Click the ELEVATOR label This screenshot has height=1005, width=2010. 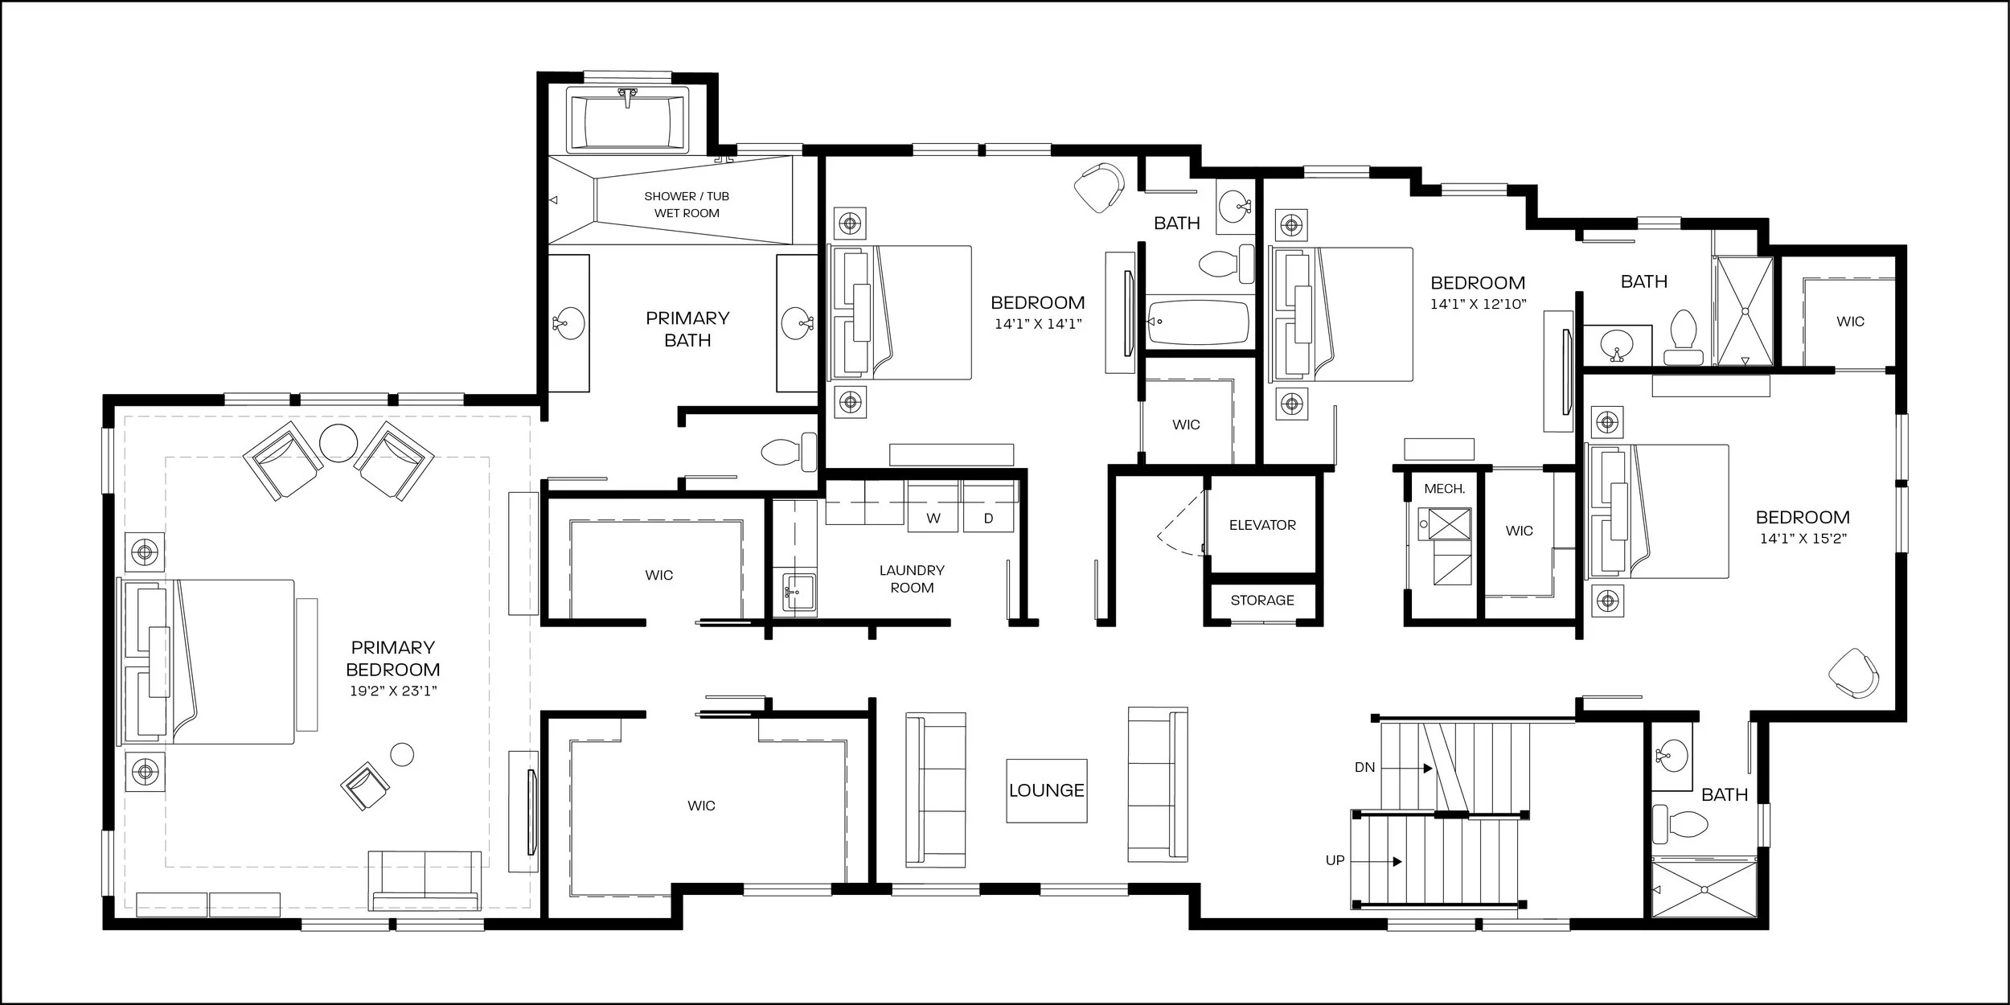(1262, 525)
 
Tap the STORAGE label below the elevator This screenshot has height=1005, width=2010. (1262, 600)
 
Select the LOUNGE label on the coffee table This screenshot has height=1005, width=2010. (1047, 790)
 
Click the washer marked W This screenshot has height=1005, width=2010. (933, 506)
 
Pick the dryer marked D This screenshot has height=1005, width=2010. (989, 506)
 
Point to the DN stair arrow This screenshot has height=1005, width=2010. (1407, 768)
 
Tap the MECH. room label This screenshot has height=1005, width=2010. (1444, 489)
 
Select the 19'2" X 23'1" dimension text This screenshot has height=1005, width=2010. (393, 691)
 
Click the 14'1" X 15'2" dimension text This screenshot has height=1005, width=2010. (1803, 539)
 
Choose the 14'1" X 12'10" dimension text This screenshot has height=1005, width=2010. (1478, 305)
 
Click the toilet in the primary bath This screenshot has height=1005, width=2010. (788, 453)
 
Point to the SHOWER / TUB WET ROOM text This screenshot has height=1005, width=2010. (687, 204)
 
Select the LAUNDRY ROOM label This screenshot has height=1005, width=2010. (912, 579)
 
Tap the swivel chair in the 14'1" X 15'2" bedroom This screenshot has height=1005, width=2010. (1854, 674)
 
